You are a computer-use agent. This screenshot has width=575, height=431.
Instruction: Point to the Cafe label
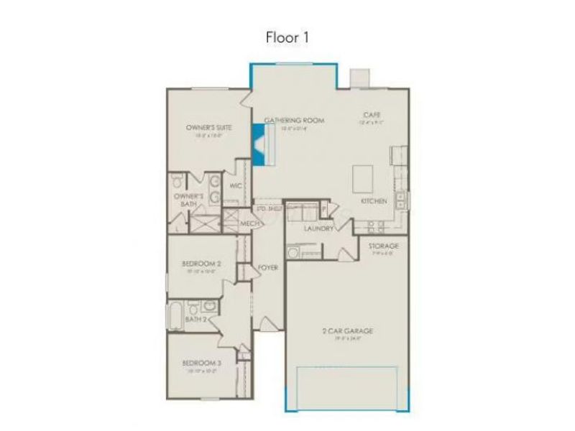(x=372, y=115)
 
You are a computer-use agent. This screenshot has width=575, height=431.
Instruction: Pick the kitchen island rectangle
(x=363, y=177)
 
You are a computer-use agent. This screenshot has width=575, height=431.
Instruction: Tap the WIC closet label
(x=234, y=185)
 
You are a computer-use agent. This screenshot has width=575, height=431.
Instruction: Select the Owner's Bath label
(x=189, y=200)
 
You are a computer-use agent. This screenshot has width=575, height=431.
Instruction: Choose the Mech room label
(x=249, y=223)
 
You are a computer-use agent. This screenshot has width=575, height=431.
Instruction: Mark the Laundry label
(x=318, y=228)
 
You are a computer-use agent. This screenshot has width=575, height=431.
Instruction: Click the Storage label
(x=383, y=246)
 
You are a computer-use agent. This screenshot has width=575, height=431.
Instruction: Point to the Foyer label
(x=268, y=267)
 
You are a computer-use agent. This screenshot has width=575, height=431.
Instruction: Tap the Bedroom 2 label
(x=201, y=264)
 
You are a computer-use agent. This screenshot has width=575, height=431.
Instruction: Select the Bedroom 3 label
(x=201, y=363)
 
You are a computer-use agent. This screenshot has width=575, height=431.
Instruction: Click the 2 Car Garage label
(x=346, y=331)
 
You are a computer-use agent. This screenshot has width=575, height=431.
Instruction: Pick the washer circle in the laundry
(x=293, y=253)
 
